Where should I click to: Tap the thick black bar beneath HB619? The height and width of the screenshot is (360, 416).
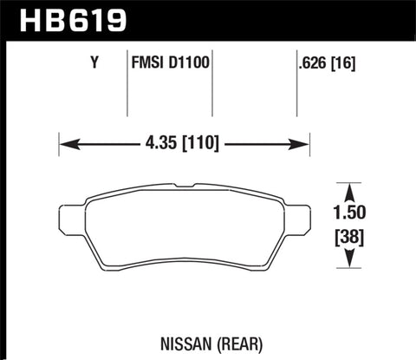point(208,38)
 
